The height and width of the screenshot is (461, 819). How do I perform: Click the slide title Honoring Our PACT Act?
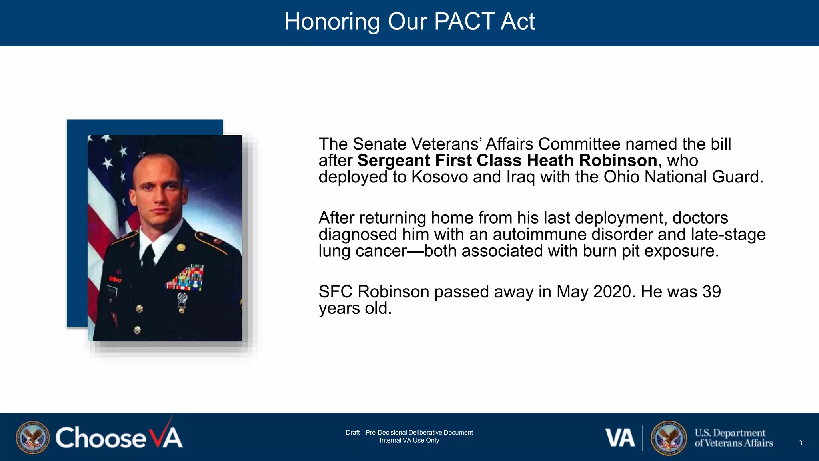(409, 21)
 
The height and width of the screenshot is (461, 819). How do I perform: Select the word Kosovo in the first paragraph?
(439, 177)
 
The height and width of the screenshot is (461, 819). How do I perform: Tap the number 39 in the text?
(711, 291)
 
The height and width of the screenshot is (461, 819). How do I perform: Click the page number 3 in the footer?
(800, 443)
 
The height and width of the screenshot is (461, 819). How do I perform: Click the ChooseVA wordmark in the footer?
(119, 437)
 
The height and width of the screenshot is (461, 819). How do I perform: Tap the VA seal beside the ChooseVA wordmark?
(33, 437)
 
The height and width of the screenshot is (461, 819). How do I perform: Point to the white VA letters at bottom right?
(620, 438)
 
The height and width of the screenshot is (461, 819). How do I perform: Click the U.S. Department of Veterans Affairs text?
(733, 438)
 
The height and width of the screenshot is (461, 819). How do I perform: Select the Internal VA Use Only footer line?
(409, 440)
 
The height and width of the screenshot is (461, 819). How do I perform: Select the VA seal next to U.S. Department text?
(669, 438)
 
